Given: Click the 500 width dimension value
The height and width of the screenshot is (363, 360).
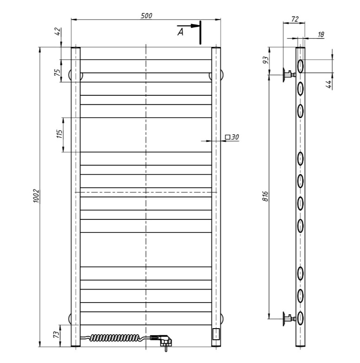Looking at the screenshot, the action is pos(146,15).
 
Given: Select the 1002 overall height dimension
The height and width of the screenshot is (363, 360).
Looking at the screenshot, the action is pos(37,196).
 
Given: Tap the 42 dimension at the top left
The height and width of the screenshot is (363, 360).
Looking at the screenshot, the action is pos(58,32).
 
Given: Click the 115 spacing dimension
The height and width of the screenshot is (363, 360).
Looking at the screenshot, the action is pos(59,134).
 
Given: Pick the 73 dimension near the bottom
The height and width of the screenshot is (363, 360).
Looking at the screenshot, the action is pos(57,335).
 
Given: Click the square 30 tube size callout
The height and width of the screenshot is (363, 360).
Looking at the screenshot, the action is pos(232,137).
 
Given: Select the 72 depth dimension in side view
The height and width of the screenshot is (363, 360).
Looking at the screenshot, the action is pos(295,19).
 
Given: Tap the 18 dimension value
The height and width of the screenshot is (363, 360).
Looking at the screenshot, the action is pos(321,34).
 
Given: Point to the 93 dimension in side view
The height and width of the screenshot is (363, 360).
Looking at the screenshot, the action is pos(266,60).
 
